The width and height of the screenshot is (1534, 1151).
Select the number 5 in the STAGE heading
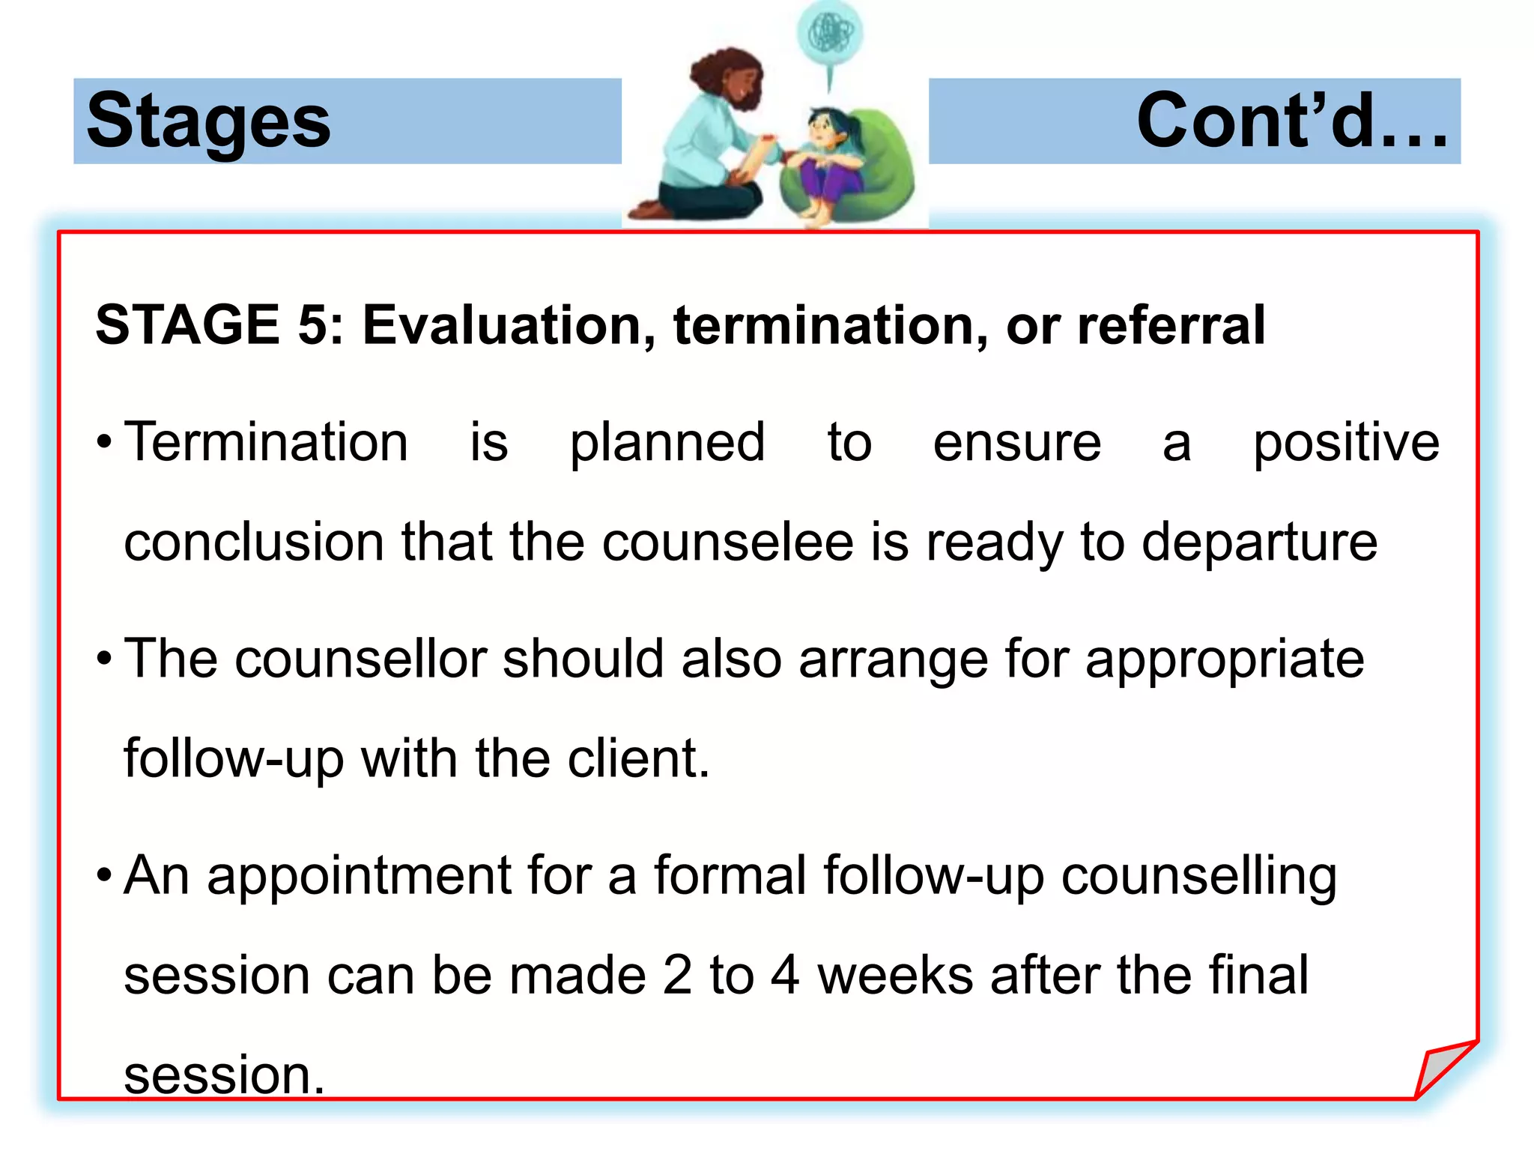point(312,325)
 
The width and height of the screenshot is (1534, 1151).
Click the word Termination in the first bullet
point(266,442)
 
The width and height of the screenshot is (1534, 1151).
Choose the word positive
point(1346,444)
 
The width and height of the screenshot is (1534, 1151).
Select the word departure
point(1259,543)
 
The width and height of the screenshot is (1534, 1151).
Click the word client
point(637,758)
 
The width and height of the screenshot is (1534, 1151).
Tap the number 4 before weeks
point(785,975)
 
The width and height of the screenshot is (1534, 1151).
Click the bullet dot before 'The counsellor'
point(105,659)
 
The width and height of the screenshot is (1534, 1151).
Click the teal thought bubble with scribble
point(829,33)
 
